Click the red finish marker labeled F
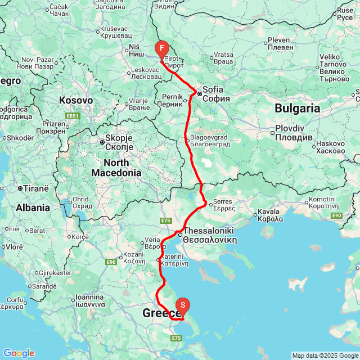[161, 49]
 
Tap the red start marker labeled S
[183, 305]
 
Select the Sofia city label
[213, 93]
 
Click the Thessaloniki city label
[209, 235]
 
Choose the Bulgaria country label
[298, 108]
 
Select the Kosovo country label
[76, 100]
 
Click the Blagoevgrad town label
[210, 141]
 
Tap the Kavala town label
[269, 215]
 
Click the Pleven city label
[278, 43]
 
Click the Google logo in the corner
[18, 353]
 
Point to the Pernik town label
[169, 101]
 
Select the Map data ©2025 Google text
[326, 355]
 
